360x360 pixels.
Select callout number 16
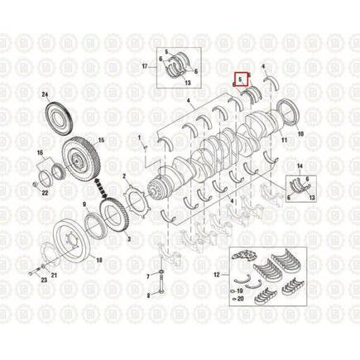[x=38, y=154]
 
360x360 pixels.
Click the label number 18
[x=100, y=260]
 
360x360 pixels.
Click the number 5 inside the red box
[x=241, y=80]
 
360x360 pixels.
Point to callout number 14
[x=300, y=167]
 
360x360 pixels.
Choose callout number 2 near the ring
[x=124, y=176]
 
